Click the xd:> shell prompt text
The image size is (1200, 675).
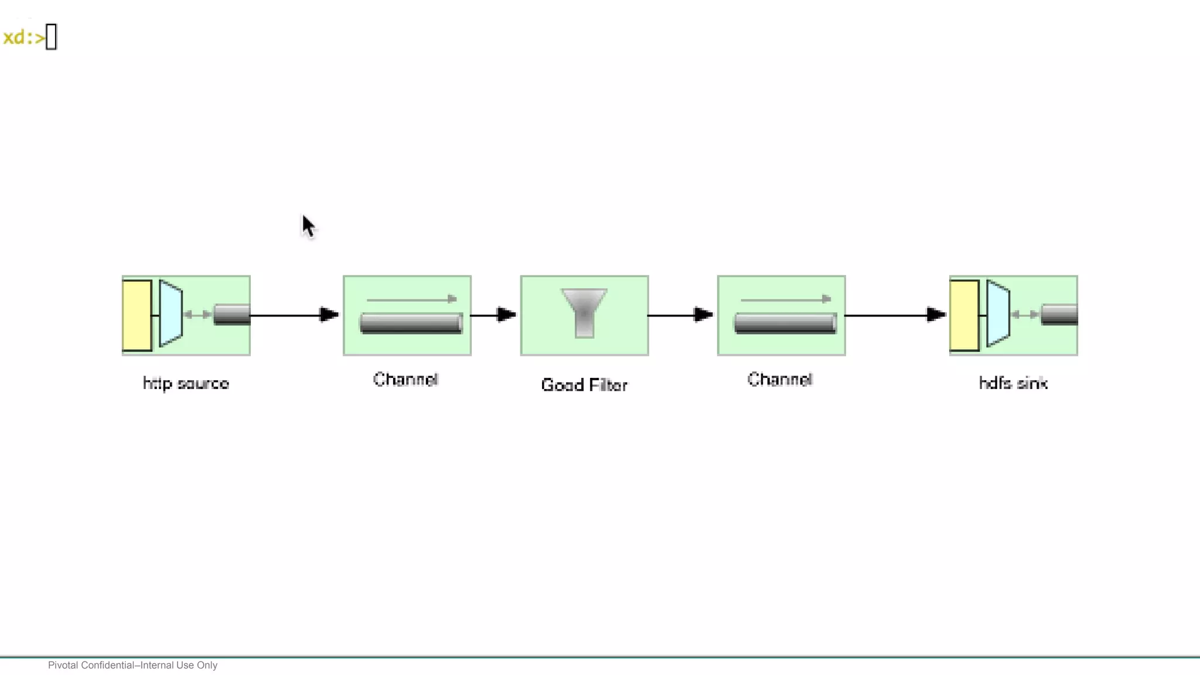click(x=23, y=37)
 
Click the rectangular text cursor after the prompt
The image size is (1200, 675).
click(x=51, y=37)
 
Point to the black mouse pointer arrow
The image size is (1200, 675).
click(x=308, y=226)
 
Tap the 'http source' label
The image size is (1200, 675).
click(x=186, y=383)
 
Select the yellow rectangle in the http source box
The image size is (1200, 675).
click(x=137, y=315)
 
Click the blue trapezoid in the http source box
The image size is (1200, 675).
click(x=171, y=313)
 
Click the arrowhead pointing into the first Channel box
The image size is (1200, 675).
click(x=329, y=315)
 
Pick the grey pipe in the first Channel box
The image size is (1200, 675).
click(x=411, y=323)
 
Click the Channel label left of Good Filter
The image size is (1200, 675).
click(x=405, y=379)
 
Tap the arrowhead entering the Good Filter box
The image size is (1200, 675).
click(x=506, y=315)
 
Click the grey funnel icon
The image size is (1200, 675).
click(x=584, y=312)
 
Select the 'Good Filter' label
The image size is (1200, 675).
click(x=584, y=385)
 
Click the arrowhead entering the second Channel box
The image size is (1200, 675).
click(x=703, y=315)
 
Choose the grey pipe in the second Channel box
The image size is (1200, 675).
click(x=785, y=323)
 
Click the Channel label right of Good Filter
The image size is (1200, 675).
click(x=780, y=379)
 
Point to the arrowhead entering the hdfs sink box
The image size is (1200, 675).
click(x=936, y=315)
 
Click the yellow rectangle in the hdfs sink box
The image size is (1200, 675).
click(x=964, y=315)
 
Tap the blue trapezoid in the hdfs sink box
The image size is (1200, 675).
click(x=998, y=313)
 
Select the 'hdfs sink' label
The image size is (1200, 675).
click(x=1013, y=383)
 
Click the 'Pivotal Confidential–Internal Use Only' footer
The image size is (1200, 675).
click(x=132, y=665)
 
